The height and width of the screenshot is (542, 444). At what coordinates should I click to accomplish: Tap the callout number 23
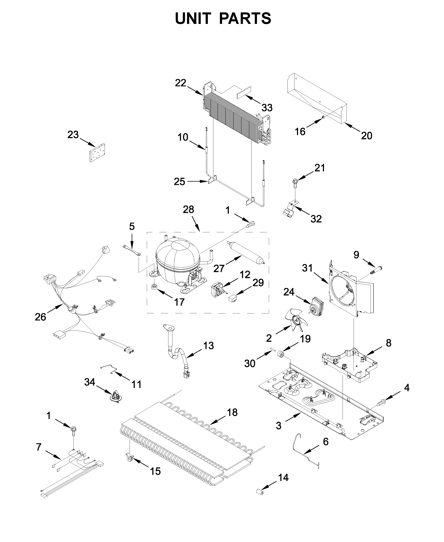73,135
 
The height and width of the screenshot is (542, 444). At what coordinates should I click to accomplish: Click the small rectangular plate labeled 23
98,152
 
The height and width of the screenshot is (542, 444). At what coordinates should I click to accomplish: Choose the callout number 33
267,108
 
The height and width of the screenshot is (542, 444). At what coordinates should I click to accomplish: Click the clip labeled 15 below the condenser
130,457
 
